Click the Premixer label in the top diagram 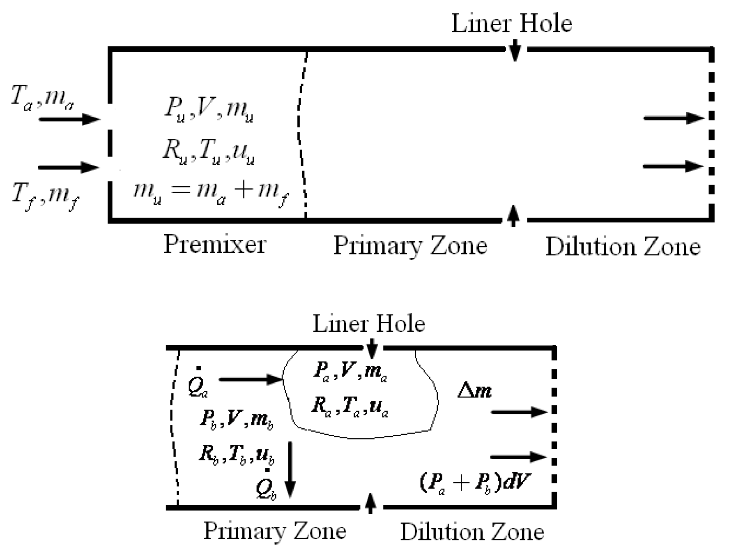[215, 244]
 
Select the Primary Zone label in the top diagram [410, 246]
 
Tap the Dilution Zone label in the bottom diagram [472, 532]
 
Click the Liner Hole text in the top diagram [511, 23]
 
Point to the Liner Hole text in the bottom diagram [369, 323]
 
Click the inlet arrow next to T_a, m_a [70, 119]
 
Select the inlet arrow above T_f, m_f [69, 167]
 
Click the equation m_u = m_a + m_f [212, 193]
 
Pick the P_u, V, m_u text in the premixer [209, 109]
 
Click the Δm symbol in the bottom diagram [474, 391]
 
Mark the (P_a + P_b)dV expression [475, 482]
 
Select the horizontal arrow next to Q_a [251, 379]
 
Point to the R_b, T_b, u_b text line [237, 454]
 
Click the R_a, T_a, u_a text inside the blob [350, 407]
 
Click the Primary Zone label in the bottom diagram [275, 531]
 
